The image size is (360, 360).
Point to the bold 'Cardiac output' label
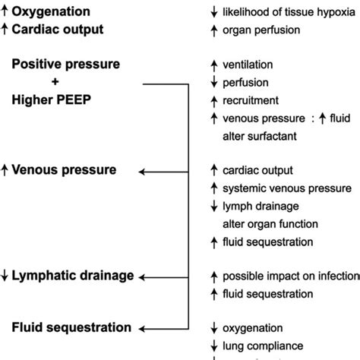pos(59,29)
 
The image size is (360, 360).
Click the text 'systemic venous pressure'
pos(286,188)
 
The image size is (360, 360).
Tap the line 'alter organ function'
pos(270,224)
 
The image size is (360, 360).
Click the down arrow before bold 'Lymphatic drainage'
pos(5,276)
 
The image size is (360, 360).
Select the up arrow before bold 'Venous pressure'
pos(5,171)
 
